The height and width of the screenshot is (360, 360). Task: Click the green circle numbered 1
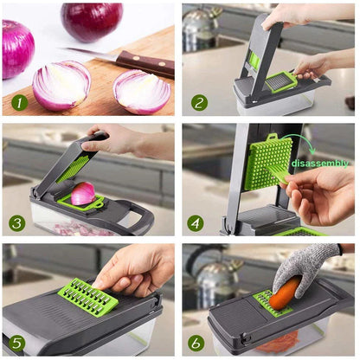pyautogui.click(x=17, y=102)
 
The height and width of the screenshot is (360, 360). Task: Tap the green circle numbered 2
pyautogui.click(x=198, y=102)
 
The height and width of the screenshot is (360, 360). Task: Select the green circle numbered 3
pyautogui.click(x=17, y=222)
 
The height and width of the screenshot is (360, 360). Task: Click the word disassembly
pyautogui.click(x=320, y=163)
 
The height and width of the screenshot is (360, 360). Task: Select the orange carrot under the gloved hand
pyautogui.click(x=286, y=294)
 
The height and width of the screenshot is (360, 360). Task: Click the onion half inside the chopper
pyautogui.click(x=83, y=194)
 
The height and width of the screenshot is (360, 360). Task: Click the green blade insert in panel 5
pyautogui.click(x=87, y=296)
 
